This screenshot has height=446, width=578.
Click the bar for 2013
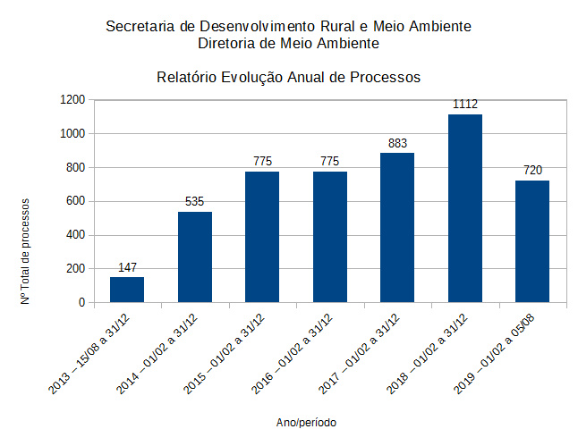pos(127,290)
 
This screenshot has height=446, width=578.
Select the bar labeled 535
pos(194,257)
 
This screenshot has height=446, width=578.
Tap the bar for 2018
pos(465,208)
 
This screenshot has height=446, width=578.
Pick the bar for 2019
pos(532,241)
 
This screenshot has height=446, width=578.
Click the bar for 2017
pos(397,228)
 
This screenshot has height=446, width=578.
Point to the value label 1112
pos(465,105)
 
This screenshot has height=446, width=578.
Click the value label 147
pos(127,267)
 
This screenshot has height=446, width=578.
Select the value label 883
pos(397,143)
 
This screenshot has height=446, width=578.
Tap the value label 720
pos(532,171)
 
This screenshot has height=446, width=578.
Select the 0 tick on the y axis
pos(81,302)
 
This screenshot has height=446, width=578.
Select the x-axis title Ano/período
pos(307,421)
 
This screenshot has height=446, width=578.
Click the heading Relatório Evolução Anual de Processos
pos(288,77)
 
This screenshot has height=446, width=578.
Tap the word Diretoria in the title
pos(226,42)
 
